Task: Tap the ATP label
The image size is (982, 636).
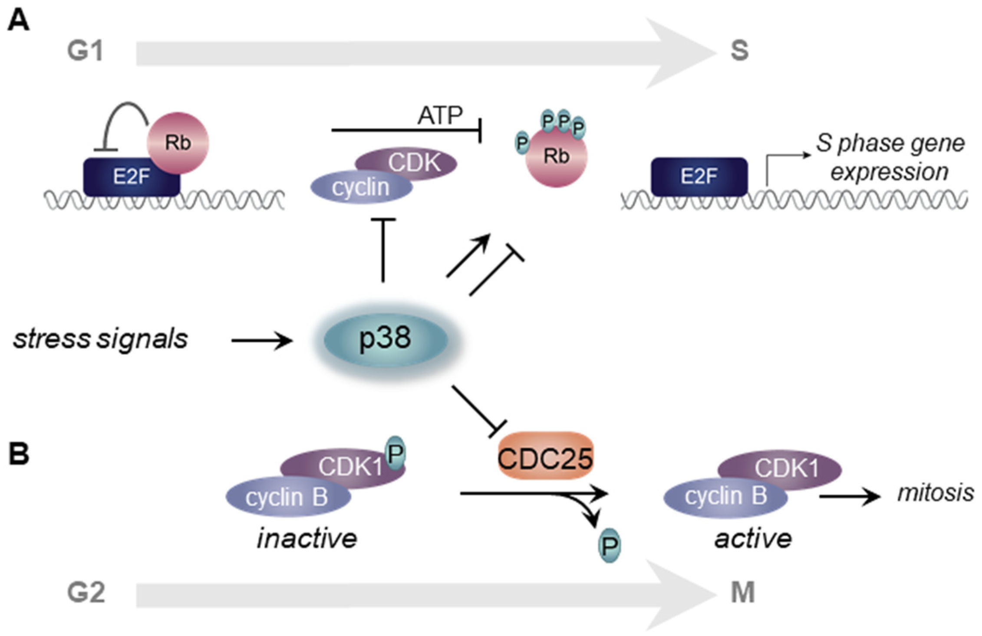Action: (x=440, y=116)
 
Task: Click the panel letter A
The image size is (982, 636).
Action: (x=18, y=20)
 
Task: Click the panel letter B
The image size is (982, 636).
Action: (x=19, y=454)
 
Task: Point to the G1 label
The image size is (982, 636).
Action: (x=85, y=51)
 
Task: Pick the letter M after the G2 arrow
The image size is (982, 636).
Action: (x=742, y=592)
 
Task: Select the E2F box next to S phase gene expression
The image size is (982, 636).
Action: (x=699, y=177)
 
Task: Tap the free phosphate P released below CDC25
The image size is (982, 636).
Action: (x=609, y=546)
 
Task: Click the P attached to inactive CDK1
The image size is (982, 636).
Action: (x=395, y=453)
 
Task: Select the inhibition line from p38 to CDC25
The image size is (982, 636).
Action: (x=478, y=410)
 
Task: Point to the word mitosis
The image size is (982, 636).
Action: (x=935, y=493)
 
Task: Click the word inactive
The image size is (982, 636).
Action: (x=307, y=539)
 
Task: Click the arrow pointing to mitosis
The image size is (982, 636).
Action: (x=849, y=496)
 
